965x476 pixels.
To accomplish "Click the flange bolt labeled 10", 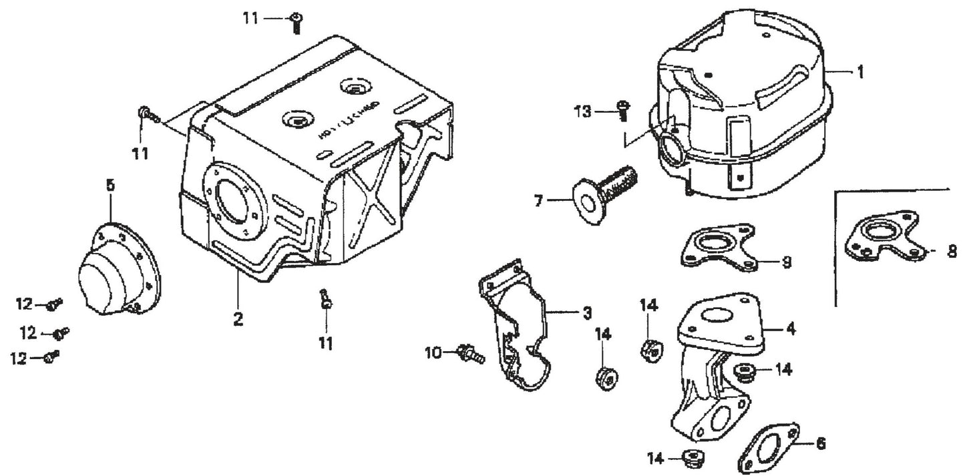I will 471,353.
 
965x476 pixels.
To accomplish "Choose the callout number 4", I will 791,328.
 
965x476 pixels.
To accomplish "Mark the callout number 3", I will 586,312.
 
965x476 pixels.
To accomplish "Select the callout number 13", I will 583,111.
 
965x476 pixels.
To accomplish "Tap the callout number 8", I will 950,252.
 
